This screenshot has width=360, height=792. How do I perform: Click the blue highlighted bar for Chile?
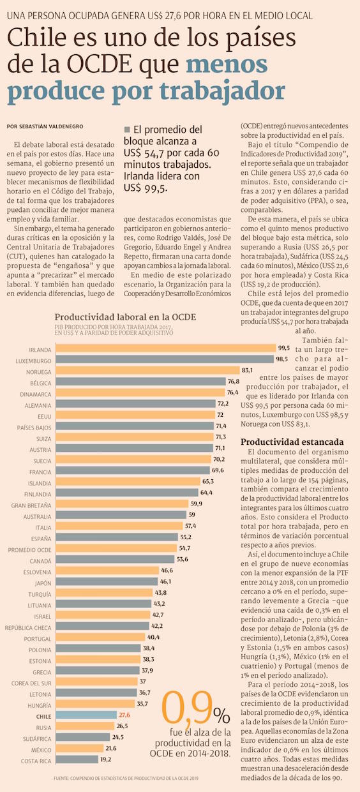point(86,715)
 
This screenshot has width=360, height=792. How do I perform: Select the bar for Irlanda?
point(166,348)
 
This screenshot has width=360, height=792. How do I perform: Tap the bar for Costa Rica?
point(77,759)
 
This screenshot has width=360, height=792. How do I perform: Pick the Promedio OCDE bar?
point(116,548)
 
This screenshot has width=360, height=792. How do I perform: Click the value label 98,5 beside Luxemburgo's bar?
point(282,359)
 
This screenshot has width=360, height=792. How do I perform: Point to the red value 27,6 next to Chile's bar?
point(124,715)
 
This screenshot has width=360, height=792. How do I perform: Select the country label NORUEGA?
point(38,372)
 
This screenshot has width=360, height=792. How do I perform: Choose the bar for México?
point(80,748)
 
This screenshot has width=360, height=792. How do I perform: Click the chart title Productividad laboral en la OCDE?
point(125,317)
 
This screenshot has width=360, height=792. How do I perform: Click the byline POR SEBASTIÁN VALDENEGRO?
point(45,126)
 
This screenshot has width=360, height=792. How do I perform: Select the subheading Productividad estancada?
point(292,442)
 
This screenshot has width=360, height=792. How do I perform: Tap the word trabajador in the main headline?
point(222,91)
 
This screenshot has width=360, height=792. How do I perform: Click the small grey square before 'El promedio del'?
point(127,129)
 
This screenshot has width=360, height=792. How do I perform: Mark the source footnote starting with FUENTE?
point(126,778)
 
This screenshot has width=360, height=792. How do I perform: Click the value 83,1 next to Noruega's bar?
point(247,370)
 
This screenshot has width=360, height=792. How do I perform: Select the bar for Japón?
point(107,581)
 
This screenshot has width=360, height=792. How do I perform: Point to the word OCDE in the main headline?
point(100,64)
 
